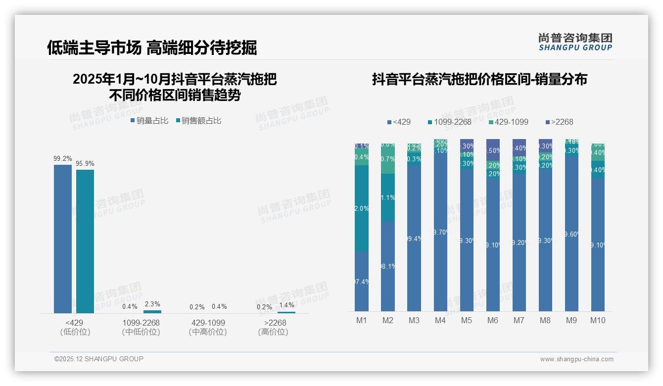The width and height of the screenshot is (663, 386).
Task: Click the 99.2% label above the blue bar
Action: click(62, 159)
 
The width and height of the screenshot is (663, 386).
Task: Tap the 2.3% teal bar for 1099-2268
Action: click(152, 312)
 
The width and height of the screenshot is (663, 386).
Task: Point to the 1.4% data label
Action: click(286, 305)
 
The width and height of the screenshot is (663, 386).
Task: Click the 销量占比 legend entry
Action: click(149, 121)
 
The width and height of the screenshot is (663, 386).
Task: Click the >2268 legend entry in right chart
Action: click(559, 122)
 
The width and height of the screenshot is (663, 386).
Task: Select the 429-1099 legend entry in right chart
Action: click(508, 122)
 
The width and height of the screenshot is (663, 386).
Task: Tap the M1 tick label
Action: click(362, 320)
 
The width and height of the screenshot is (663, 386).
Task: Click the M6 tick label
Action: click(492, 320)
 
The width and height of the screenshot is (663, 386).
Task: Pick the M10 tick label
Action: click(597, 320)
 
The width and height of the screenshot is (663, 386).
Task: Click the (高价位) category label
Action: click(273, 332)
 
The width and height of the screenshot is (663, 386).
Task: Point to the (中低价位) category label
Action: click(141, 332)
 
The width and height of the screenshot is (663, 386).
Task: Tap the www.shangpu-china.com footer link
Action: click(576, 359)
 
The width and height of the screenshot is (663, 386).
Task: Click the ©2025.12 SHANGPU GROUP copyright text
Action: click(99, 359)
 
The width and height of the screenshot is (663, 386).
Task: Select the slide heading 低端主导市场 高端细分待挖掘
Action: click(152, 48)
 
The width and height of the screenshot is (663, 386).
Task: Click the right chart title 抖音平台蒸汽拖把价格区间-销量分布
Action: click(479, 79)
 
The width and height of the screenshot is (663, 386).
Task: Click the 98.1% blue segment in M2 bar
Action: click(388, 266)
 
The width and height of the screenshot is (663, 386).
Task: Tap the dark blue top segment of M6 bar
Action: click(493, 149)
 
